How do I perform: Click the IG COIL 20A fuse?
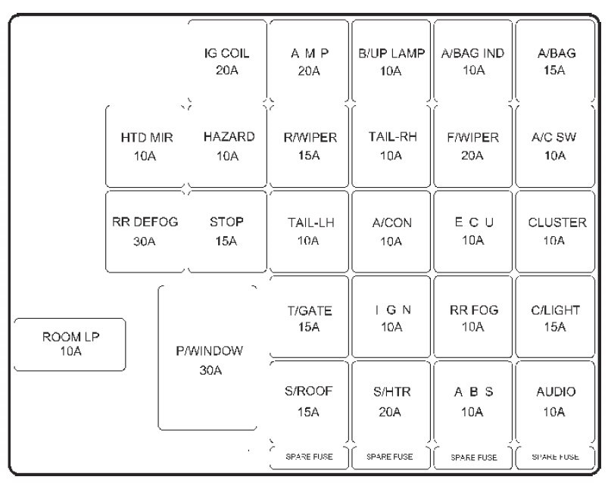(x=226, y=62)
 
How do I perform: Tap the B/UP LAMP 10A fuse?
(x=391, y=62)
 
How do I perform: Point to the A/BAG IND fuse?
(x=472, y=62)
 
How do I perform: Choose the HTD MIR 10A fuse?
(x=147, y=146)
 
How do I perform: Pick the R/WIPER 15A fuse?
(x=309, y=146)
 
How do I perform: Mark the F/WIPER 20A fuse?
(x=472, y=146)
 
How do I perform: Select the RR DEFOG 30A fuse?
(x=145, y=231)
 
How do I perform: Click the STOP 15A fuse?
(x=227, y=231)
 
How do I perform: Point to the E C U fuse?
(x=472, y=231)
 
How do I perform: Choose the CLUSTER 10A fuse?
(x=555, y=231)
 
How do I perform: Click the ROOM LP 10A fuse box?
(x=70, y=344)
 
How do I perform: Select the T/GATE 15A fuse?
(x=309, y=317)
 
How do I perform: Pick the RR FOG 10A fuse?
(x=472, y=317)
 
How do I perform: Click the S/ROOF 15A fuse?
(x=309, y=401)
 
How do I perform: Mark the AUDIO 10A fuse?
(x=555, y=401)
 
